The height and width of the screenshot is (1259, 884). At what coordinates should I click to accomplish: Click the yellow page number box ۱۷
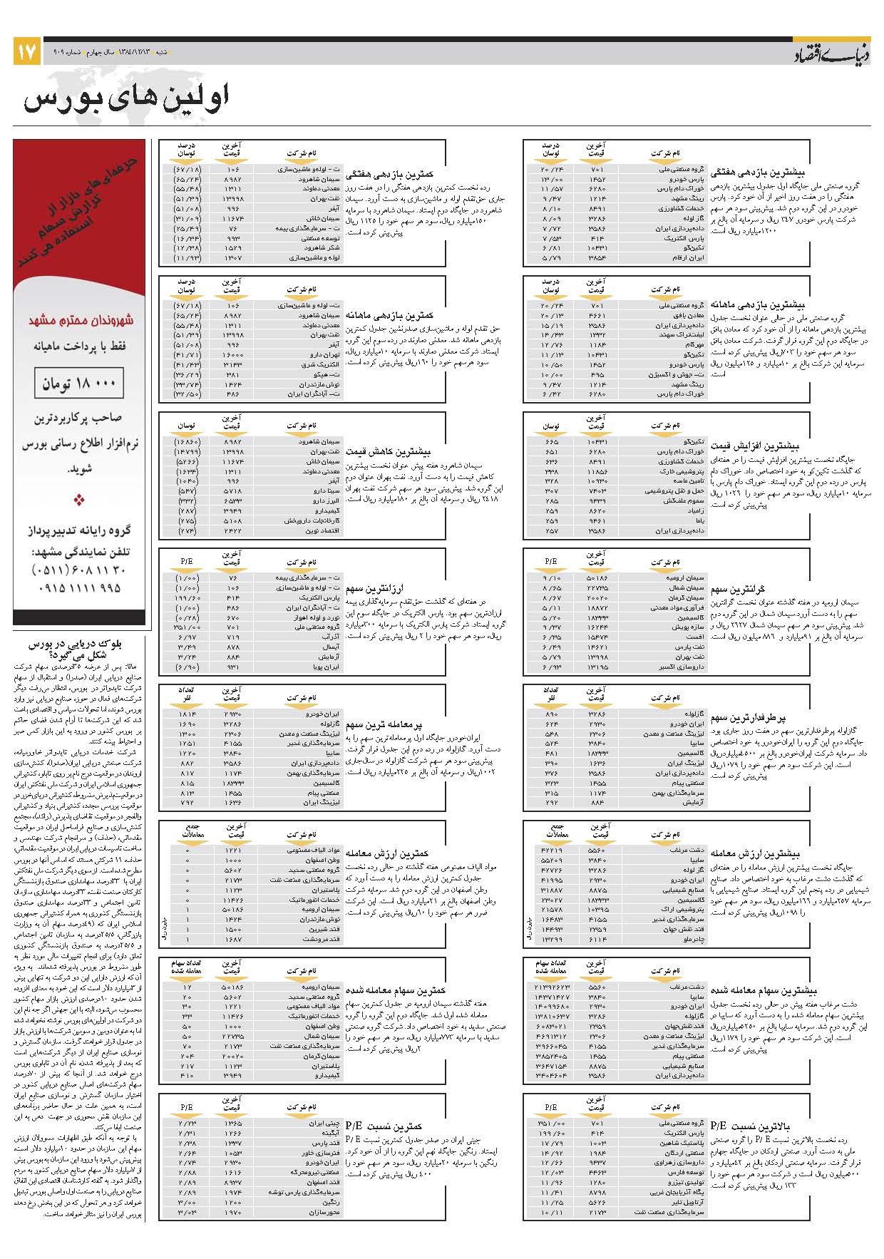pos(26,52)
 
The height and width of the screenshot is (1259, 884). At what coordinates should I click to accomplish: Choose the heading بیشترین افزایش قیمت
pos(764,446)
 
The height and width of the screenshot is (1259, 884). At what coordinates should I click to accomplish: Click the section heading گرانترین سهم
pos(737,589)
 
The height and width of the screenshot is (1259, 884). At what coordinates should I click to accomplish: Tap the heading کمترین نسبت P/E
pos(384,1126)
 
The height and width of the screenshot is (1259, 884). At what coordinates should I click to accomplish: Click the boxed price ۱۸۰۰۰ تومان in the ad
pos(78,384)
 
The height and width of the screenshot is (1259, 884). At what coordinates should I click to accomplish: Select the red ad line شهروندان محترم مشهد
pos(81,321)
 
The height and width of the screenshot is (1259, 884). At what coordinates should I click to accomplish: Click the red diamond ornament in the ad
pos(79,500)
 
